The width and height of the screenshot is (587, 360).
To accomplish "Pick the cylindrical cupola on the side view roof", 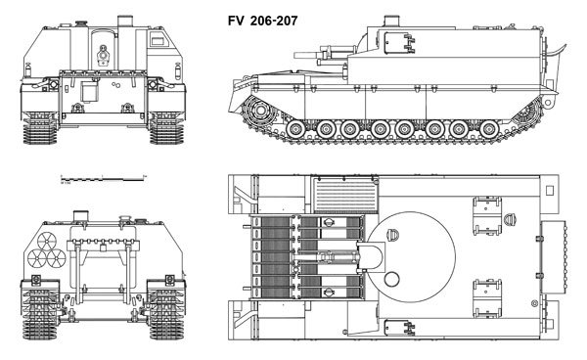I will pyautogui.click(x=389, y=20).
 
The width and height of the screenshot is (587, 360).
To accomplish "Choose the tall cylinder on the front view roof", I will pyautogui.click(x=124, y=21).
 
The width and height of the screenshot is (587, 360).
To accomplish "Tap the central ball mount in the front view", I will pyautogui.click(x=104, y=56).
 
